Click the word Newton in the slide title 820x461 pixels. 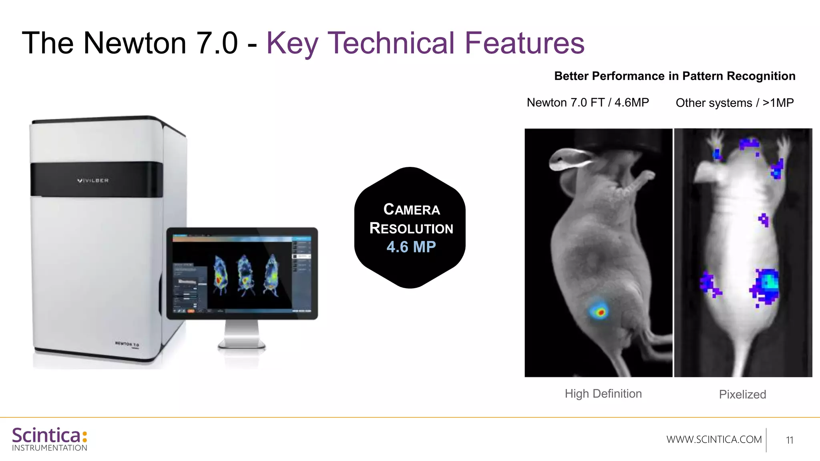click(x=135, y=43)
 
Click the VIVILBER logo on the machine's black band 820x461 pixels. click(x=93, y=180)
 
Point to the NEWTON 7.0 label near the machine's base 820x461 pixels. click(x=127, y=344)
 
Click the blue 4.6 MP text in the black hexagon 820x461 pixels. click(x=411, y=247)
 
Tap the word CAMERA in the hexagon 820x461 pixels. click(x=412, y=209)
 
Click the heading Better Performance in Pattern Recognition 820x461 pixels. click(x=675, y=76)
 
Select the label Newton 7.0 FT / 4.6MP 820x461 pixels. click(x=588, y=102)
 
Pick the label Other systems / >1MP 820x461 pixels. click(x=735, y=103)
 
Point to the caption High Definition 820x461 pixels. click(x=603, y=394)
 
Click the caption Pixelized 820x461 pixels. click(x=742, y=395)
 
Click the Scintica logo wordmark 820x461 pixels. click(x=46, y=436)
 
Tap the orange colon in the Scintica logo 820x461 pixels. click(x=84, y=437)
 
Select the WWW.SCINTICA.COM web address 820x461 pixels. click(x=714, y=439)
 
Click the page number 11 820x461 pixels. click(x=789, y=440)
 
